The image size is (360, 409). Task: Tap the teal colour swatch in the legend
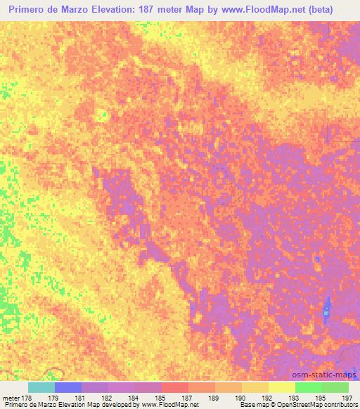tap(41, 387)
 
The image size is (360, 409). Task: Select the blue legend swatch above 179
tap(68, 387)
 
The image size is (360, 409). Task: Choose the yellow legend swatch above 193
tap(282, 387)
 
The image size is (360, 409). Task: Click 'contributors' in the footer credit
tap(339, 405)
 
